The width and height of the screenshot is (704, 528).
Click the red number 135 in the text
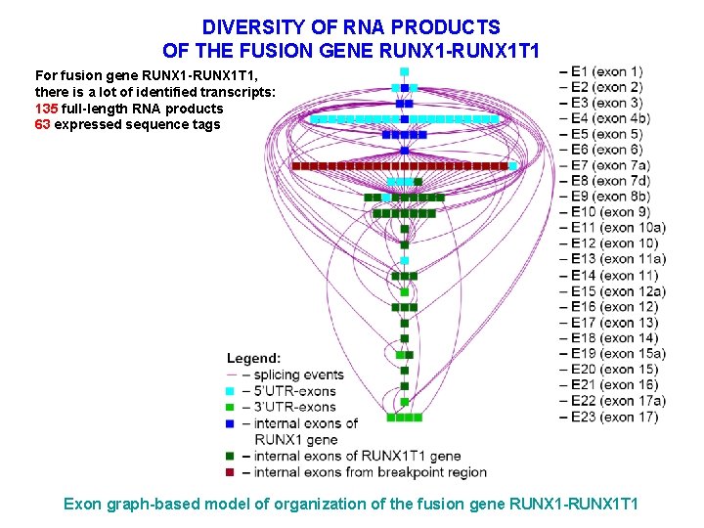[46, 109]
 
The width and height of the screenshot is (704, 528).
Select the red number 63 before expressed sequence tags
[42, 124]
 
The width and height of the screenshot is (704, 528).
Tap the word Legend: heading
[253, 359]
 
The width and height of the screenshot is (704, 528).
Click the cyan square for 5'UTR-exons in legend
[231, 391]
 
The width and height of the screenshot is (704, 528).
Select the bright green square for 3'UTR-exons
[231, 407]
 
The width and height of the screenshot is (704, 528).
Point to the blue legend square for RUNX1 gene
[231, 423]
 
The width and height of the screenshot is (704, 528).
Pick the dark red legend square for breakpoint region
[231, 472]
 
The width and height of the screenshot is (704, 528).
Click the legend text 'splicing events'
[298, 374]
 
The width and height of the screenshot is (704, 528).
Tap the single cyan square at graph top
[404, 71]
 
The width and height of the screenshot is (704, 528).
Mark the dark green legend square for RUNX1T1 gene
[231, 456]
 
